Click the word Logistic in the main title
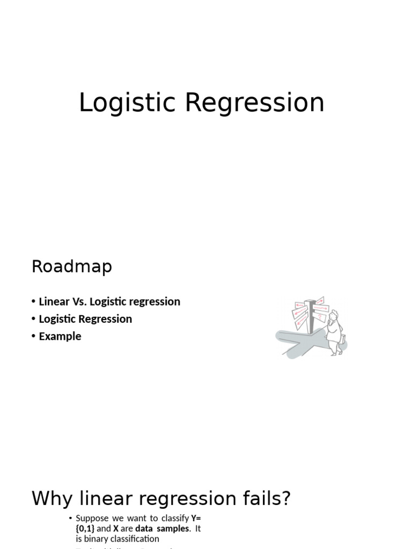(128, 103)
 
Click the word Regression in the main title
(255, 103)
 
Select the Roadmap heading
(72, 266)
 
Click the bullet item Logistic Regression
(85, 319)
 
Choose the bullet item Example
(60, 337)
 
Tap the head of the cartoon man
(334, 315)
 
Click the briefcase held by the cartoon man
(342, 339)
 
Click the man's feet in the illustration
(335, 353)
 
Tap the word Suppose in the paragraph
(92, 518)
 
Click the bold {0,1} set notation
(85, 529)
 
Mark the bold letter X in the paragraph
(116, 529)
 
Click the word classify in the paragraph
(175, 518)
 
